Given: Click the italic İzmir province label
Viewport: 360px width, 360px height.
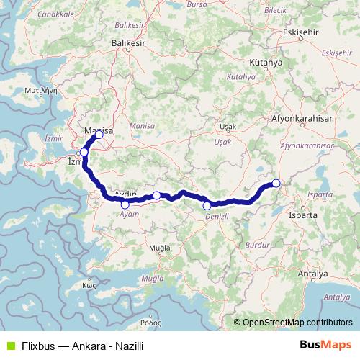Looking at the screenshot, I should coord(54,137).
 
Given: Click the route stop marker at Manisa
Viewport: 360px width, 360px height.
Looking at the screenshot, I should coord(99,135).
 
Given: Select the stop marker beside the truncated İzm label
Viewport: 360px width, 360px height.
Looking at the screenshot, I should coord(84,152).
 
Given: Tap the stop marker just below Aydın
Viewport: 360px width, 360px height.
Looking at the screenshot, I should coord(125,205).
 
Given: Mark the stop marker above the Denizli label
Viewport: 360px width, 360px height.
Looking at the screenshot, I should coord(207,206).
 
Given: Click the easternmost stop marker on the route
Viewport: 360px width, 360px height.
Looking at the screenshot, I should coord(276,183).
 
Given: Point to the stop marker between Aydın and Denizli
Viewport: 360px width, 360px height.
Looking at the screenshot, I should coord(156,195).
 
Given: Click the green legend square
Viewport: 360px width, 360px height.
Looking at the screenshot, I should coord(9,346).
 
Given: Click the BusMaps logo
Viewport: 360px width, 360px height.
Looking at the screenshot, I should coord(325,346).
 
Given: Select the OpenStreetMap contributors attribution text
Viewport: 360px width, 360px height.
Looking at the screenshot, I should coord(296,323).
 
